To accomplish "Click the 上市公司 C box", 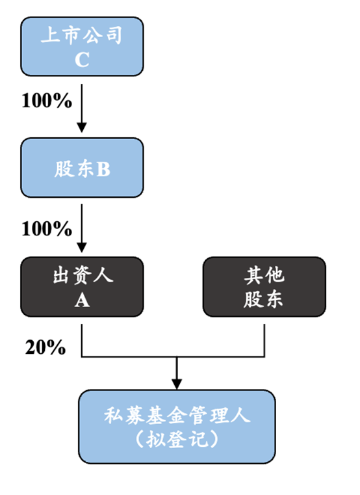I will pyautogui.click(x=82, y=46).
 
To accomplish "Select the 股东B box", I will pyautogui.click(x=82, y=168).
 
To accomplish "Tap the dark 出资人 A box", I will pyautogui.click(x=82, y=287).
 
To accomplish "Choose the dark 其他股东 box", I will pyautogui.click(x=264, y=287).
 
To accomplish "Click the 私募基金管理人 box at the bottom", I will pyautogui.click(x=177, y=426).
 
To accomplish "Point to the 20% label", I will pyautogui.click(x=45, y=347).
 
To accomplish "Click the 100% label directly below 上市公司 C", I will pyautogui.click(x=46, y=101).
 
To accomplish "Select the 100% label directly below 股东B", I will pyautogui.click(x=46, y=228).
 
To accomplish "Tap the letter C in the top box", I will pyautogui.click(x=82, y=59).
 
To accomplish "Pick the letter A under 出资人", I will pyautogui.click(x=82, y=301).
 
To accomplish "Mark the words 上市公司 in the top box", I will pyautogui.click(x=82, y=34).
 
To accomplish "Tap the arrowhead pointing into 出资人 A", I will pyautogui.click(x=82, y=248).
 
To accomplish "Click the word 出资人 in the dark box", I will pyautogui.click(x=82, y=275).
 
